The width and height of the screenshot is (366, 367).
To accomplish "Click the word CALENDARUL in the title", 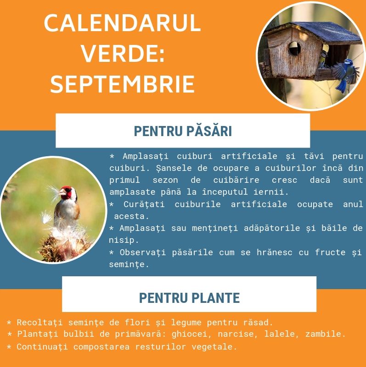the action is click(122, 23).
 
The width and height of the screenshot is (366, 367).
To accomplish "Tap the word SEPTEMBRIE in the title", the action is click(123, 84).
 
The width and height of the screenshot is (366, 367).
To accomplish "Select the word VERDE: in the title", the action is click(123, 53).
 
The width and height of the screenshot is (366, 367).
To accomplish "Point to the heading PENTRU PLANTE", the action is click(189, 298).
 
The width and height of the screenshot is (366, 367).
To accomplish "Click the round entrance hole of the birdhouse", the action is click(294, 49).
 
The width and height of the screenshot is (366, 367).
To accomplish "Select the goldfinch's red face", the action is click(67, 192).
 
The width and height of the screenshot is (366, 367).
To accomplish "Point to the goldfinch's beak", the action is click(62, 192).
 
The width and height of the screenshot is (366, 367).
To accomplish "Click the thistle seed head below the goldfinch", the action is click(63, 245).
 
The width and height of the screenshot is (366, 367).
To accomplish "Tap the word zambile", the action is click(323, 334).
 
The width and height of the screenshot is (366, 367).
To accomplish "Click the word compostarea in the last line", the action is click(101, 347).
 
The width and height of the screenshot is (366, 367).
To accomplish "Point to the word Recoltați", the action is click(39, 323).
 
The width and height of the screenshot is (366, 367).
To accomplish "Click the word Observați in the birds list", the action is click(143, 252).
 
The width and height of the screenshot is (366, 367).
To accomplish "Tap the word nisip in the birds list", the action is click(122, 241).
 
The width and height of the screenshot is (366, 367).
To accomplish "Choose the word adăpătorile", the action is click(272, 228).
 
